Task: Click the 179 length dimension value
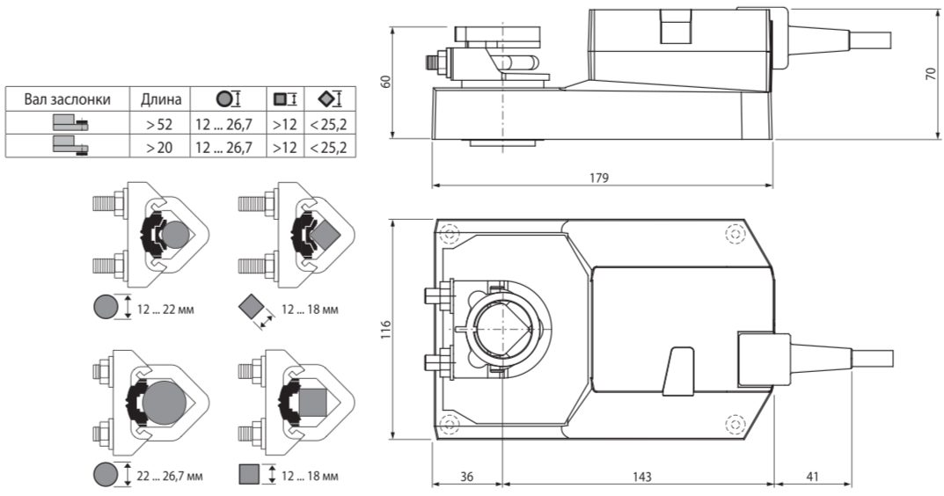pyautogui.click(x=599, y=179)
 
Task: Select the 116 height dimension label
pyautogui.click(x=386, y=329)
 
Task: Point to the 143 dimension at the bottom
pyautogui.click(x=641, y=477)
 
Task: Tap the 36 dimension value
pyautogui.click(x=466, y=477)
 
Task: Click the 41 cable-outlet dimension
pyautogui.click(x=812, y=477)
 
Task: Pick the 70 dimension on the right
pyautogui.click(x=931, y=74)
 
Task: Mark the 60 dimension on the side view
pyautogui.click(x=386, y=80)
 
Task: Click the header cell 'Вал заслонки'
pyautogui.click(x=68, y=99)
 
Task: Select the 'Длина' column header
pyautogui.click(x=161, y=99)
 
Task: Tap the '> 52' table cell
pyautogui.click(x=159, y=125)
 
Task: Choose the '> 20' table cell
pyautogui.click(x=159, y=147)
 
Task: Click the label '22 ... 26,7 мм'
pyautogui.click(x=169, y=476)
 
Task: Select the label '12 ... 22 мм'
pyautogui.click(x=165, y=310)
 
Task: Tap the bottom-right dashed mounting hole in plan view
pyautogui.click(x=735, y=424)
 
